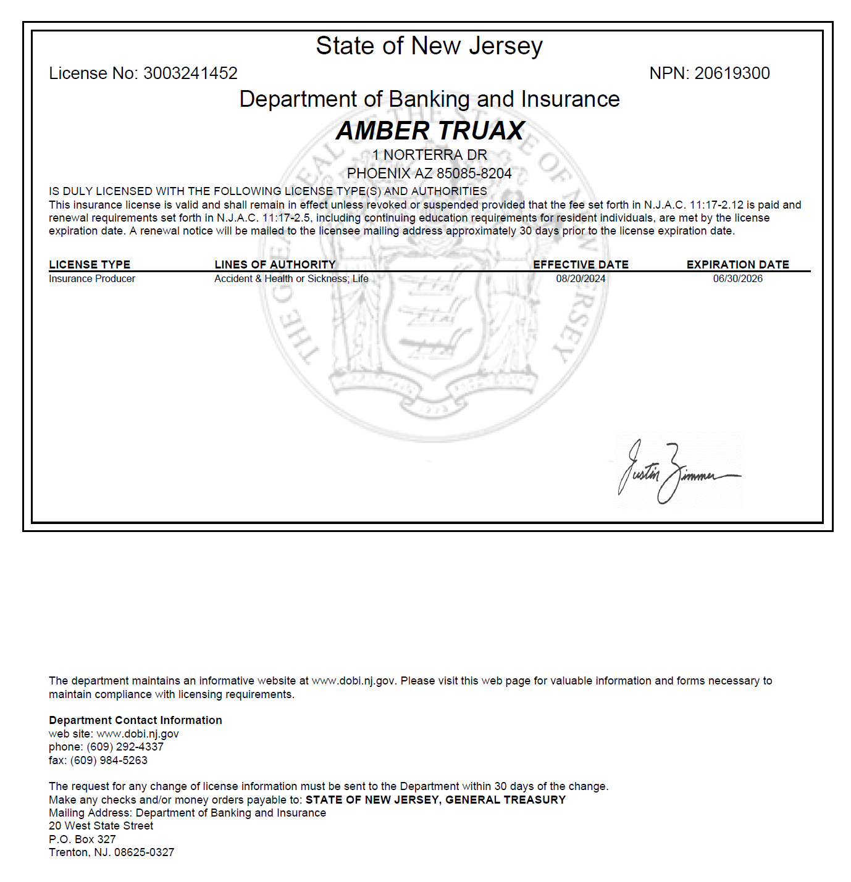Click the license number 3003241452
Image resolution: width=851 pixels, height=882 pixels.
click(x=190, y=73)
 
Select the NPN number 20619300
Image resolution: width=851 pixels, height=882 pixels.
click(x=732, y=73)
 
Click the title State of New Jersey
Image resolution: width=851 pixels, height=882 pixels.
click(x=429, y=46)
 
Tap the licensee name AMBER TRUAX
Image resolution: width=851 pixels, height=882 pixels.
click(x=430, y=131)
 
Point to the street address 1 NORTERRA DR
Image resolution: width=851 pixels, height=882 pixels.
click(x=430, y=155)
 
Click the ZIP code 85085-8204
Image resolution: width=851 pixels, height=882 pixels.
click(x=474, y=173)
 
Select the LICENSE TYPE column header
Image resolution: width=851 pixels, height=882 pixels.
click(x=90, y=265)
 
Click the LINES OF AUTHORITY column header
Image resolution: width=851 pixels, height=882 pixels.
click(x=275, y=265)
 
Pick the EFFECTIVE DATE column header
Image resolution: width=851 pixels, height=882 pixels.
click(x=581, y=265)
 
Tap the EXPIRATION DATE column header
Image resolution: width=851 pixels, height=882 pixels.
click(x=737, y=265)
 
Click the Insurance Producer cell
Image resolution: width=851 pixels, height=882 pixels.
click(x=92, y=279)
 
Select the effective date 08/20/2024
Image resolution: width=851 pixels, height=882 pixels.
click(x=581, y=279)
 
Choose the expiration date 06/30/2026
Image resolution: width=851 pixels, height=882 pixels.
click(x=737, y=279)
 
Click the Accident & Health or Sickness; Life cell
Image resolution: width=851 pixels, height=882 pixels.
click(x=291, y=279)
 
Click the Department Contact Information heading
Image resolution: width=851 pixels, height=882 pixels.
click(x=135, y=720)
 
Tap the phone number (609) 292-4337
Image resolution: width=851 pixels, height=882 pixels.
click(x=125, y=747)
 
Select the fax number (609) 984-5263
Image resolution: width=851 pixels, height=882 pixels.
click(x=109, y=760)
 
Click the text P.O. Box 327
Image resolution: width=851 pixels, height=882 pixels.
click(x=82, y=839)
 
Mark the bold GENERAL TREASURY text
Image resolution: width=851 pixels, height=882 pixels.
click(x=505, y=800)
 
